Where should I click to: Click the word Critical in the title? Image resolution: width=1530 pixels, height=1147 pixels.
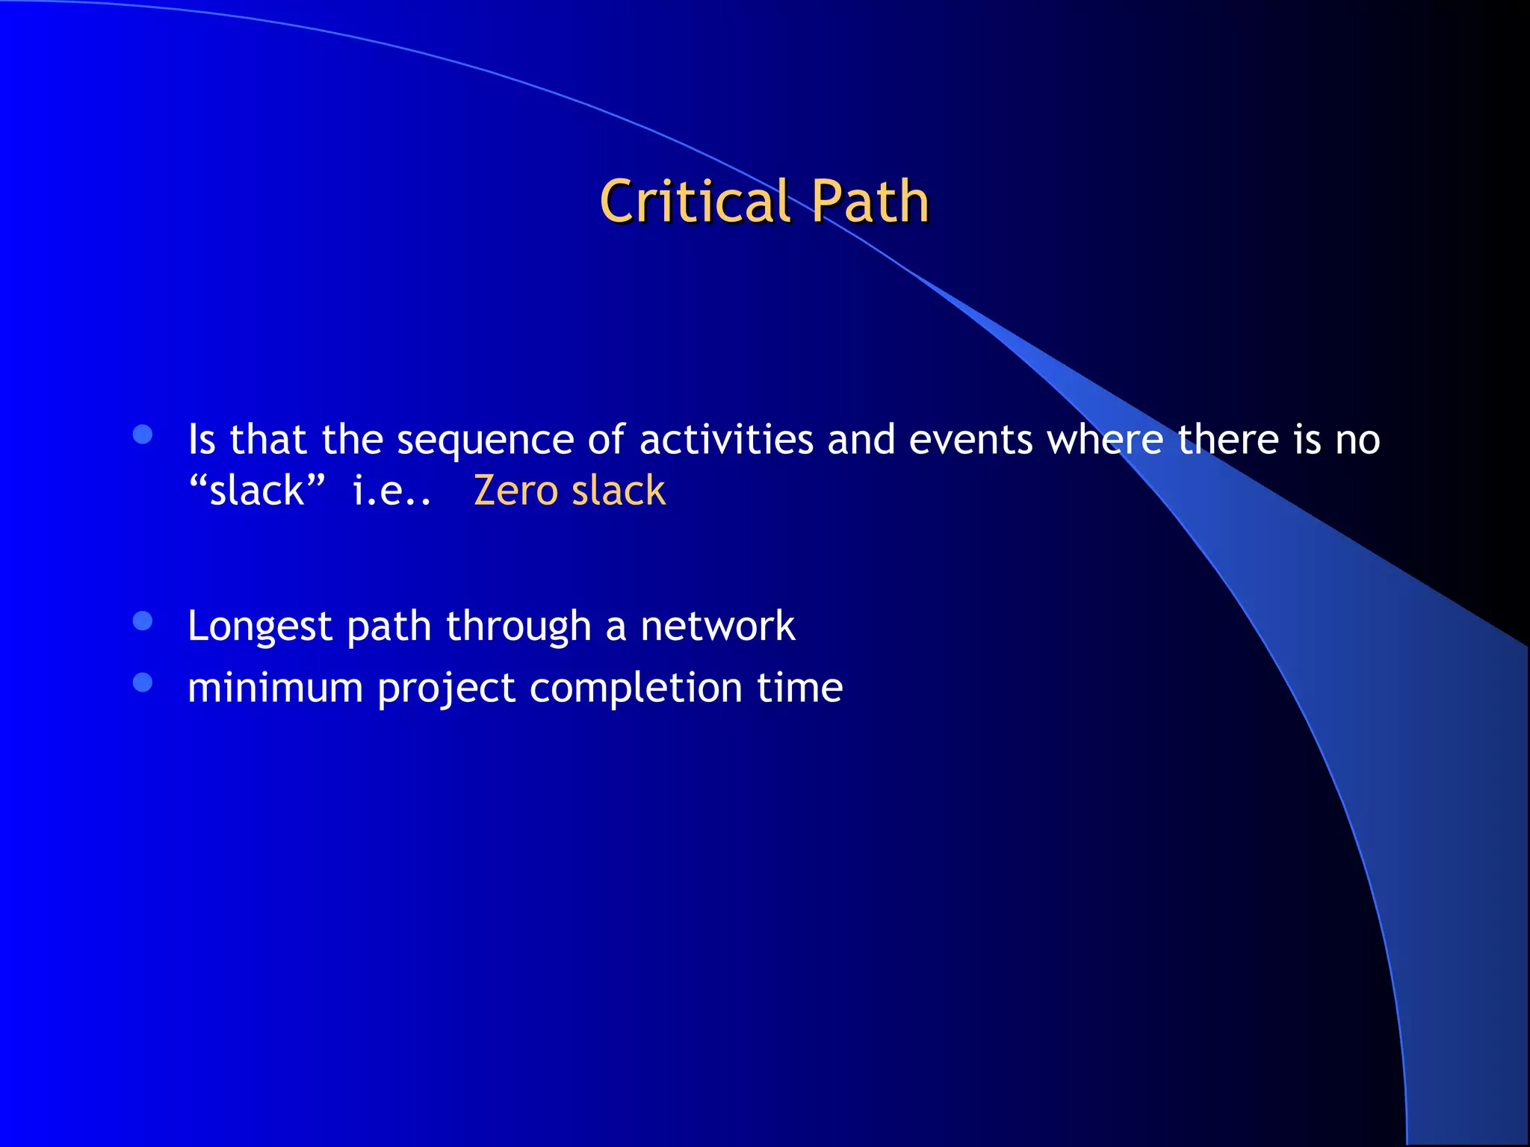695,202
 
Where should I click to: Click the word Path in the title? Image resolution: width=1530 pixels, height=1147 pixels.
870,202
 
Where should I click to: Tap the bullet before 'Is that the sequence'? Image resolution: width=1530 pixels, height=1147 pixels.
143,435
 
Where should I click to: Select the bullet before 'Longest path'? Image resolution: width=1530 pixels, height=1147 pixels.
143,621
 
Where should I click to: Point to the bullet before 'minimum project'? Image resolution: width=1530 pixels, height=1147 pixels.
143,683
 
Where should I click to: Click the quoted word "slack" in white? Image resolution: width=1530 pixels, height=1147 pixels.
257,491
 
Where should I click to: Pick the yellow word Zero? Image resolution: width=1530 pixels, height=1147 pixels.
515,491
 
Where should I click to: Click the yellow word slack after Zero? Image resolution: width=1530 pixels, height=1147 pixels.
619,491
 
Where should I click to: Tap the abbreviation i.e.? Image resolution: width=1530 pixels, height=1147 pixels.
391,491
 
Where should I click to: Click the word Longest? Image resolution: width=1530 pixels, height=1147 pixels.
259,627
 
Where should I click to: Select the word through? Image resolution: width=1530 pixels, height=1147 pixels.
518,627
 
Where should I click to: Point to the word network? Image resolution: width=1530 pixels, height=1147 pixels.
718,626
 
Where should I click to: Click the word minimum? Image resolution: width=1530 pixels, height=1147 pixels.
275,687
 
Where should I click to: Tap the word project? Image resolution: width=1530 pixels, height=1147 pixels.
446,688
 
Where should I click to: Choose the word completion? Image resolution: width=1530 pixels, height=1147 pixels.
636,688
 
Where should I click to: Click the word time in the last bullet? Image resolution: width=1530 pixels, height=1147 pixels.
799,687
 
